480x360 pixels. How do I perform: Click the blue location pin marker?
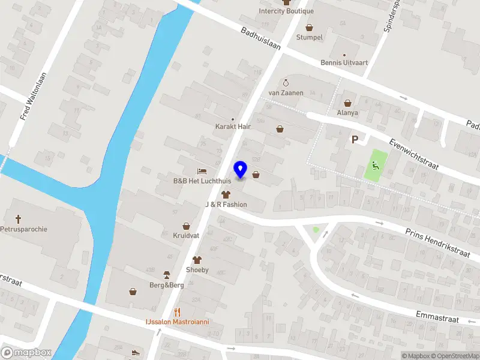coord(241,169)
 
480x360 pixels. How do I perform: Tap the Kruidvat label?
coord(186,236)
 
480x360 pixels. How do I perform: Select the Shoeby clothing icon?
coord(197,260)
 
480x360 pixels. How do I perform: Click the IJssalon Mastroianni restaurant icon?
coord(177,312)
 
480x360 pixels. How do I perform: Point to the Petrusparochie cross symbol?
coord(19,219)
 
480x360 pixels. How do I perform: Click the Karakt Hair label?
coord(233,127)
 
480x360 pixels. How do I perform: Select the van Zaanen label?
coord(286,93)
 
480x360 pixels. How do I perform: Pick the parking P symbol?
coord(355,140)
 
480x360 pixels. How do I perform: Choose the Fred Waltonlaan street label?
coord(34,96)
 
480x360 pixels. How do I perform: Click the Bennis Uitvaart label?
coord(344,62)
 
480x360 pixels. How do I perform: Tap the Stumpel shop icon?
coord(310,27)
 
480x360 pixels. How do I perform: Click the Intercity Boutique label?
coord(286,11)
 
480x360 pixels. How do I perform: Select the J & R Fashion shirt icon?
coord(226,194)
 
